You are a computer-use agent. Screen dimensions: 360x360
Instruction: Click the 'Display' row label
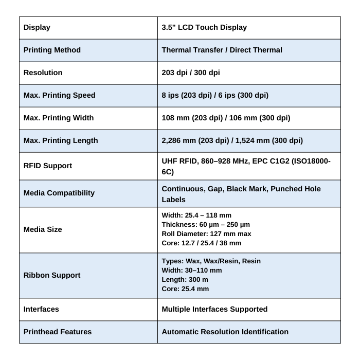pyautogui.click(x=37, y=27)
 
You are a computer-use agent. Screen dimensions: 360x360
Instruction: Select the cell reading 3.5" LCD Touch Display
pyautogui.click(x=204, y=27)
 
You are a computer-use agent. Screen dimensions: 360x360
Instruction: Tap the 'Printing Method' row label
pyautogui.click(x=52, y=50)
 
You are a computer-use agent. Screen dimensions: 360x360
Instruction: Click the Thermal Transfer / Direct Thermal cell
pyautogui.click(x=222, y=50)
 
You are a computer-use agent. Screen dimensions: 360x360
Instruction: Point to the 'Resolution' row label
pyautogui.click(x=43, y=73)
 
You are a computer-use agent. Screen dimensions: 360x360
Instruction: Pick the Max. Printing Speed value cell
pyautogui.click(x=215, y=95)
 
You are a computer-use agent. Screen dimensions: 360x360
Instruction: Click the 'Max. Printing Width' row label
pyautogui.click(x=59, y=118)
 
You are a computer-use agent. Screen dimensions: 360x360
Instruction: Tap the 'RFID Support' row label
pyautogui.click(x=48, y=166)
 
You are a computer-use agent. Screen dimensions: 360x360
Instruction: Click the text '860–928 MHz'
pyautogui.click(x=225, y=161)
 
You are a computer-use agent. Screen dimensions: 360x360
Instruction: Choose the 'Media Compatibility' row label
pyautogui.click(x=59, y=193)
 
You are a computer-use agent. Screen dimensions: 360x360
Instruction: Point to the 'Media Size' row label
pyautogui.click(x=43, y=229)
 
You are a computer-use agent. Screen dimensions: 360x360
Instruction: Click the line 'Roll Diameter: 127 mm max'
pyautogui.click(x=206, y=233)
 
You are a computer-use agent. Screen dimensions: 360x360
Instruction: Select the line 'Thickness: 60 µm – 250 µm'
pyautogui.click(x=206, y=224)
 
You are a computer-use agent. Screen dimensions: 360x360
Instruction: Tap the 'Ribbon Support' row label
pyautogui.click(x=52, y=275)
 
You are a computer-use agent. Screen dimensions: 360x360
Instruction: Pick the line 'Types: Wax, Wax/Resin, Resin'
pyautogui.click(x=211, y=261)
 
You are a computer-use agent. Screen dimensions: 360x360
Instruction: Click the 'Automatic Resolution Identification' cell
pyautogui.click(x=225, y=332)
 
